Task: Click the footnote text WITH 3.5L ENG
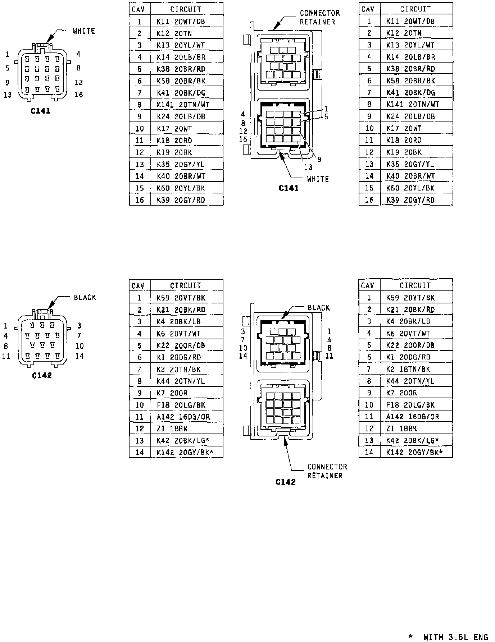pyautogui.click(x=455, y=637)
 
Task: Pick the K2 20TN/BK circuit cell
pyautogui.click(x=179, y=369)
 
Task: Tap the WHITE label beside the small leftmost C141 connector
pyautogui.click(x=84, y=31)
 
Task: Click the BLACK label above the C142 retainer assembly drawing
pyautogui.click(x=319, y=308)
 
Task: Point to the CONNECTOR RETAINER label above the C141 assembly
pyautogui.click(x=320, y=17)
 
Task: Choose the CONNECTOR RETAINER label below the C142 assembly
pyautogui.click(x=327, y=471)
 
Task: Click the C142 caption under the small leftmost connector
pyautogui.click(x=42, y=376)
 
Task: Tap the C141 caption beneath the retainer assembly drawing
pyautogui.click(x=289, y=188)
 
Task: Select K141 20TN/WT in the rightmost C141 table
pyautogui.click(x=413, y=104)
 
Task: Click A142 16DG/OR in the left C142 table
pyautogui.click(x=183, y=417)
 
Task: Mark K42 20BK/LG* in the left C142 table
pyautogui.click(x=183, y=441)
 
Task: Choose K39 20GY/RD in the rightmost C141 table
pyautogui.click(x=410, y=200)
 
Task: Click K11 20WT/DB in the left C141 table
pyautogui.click(x=181, y=22)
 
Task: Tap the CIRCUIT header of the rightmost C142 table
pyautogui.click(x=415, y=285)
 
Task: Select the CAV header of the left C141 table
pyautogui.click(x=138, y=9)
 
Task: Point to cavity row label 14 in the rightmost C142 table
pyautogui.click(x=369, y=452)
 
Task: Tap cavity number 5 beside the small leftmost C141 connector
pyautogui.click(x=7, y=68)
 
